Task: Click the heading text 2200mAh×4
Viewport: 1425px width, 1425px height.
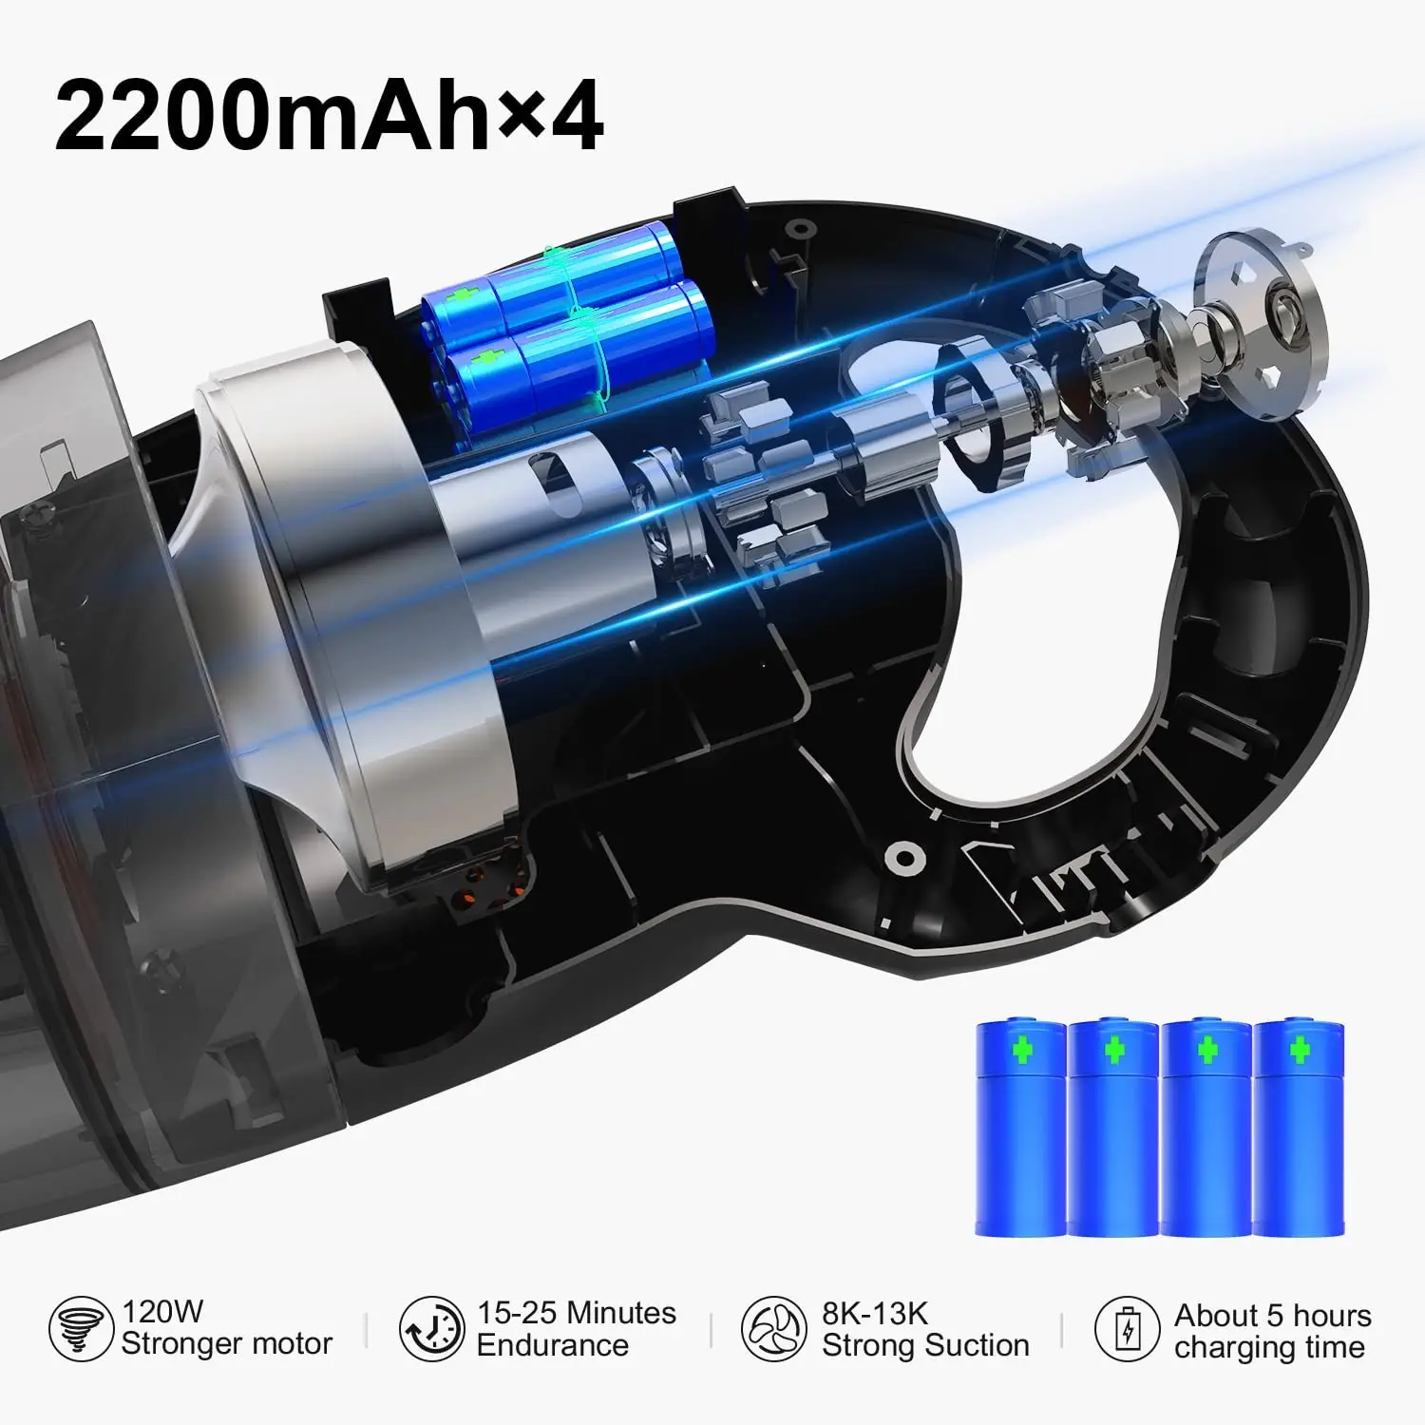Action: tap(328, 116)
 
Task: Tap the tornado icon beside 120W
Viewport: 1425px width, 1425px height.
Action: tap(80, 1329)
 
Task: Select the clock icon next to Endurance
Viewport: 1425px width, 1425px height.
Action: tap(431, 1329)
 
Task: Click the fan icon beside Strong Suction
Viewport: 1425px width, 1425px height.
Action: tap(773, 1329)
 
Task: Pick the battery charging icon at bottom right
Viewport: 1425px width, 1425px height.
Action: tap(1127, 1329)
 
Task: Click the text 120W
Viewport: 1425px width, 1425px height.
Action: tap(162, 1312)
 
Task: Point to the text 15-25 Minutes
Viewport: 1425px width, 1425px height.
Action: tap(576, 1313)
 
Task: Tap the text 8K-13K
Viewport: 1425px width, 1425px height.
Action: tap(874, 1313)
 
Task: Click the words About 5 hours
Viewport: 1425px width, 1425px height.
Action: tap(1272, 1316)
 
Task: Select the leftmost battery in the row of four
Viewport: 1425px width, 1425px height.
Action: tap(1020, 1128)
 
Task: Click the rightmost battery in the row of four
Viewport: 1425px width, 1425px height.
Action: tap(1299, 1128)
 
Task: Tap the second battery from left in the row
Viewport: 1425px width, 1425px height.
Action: tap(1112, 1128)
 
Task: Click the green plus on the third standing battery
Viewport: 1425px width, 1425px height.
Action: tap(1206, 1050)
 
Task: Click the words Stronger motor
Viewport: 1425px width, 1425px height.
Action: tap(226, 1344)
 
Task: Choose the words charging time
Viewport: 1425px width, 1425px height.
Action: tap(1269, 1347)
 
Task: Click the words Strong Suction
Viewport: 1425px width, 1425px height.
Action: tap(925, 1345)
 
